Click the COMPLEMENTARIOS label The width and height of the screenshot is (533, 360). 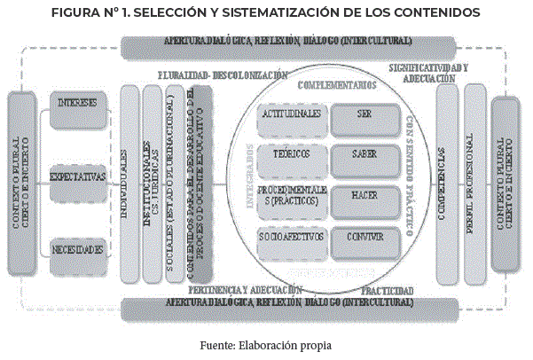point(338,85)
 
